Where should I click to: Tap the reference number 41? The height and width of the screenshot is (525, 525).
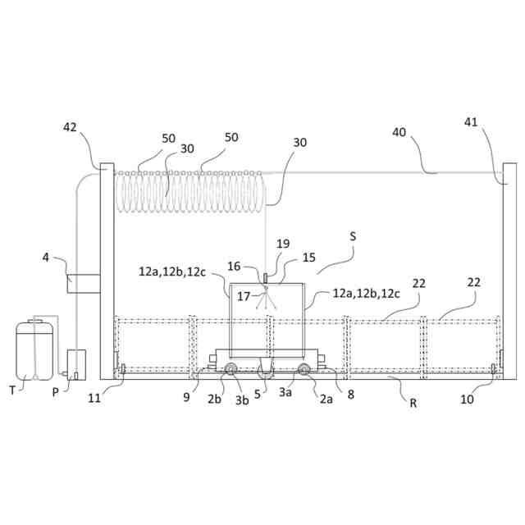tap(471, 122)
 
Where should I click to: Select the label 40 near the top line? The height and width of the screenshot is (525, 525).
tap(399, 132)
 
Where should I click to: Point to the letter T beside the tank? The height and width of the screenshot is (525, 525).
tap(12, 390)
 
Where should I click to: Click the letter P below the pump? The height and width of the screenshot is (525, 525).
tap(55, 391)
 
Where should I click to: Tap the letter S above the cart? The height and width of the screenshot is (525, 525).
tap(353, 236)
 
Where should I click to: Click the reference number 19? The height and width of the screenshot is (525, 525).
tap(283, 244)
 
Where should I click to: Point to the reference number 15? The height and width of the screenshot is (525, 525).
tap(308, 258)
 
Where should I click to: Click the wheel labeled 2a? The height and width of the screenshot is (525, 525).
tap(304, 370)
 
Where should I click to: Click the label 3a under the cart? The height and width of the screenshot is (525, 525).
tap(285, 393)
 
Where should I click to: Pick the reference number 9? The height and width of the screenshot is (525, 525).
tap(188, 396)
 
